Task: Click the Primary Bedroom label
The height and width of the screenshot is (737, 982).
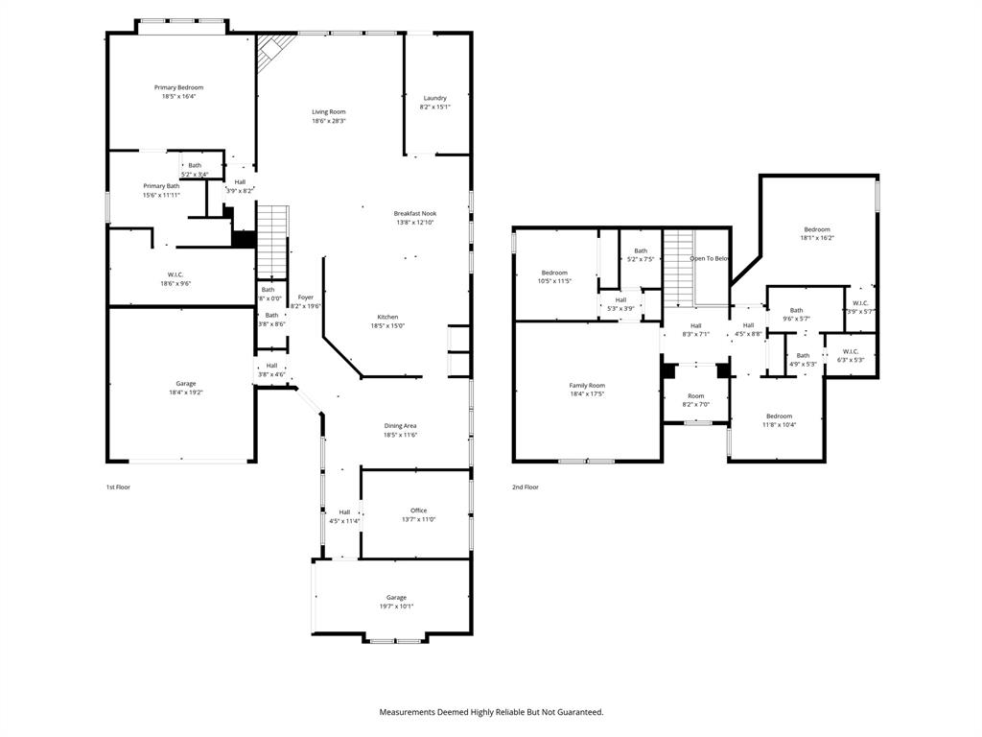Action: [x=179, y=87]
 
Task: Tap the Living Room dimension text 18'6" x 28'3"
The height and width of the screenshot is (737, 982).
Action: [x=329, y=121]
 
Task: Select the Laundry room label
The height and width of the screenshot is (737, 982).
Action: [x=434, y=98]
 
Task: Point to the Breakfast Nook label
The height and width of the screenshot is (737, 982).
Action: [x=415, y=213]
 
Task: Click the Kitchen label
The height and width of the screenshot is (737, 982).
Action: [x=387, y=317]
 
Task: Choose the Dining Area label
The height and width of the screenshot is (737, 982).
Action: [x=401, y=425]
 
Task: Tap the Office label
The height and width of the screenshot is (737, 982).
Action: [x=418, y=511]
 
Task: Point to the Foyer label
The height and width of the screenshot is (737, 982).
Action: [x=306, y=297]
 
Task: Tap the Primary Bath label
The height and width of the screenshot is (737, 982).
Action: [x=161, y=186]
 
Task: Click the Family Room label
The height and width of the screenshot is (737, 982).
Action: [x=587, y=385]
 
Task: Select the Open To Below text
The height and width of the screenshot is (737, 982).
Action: [x=710, y=258]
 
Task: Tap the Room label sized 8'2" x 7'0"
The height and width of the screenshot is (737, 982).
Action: [x=695, y=395]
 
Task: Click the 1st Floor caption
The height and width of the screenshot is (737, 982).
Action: [x=118, y=487]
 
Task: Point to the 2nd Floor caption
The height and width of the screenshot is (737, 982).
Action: [x=525, y=487]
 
